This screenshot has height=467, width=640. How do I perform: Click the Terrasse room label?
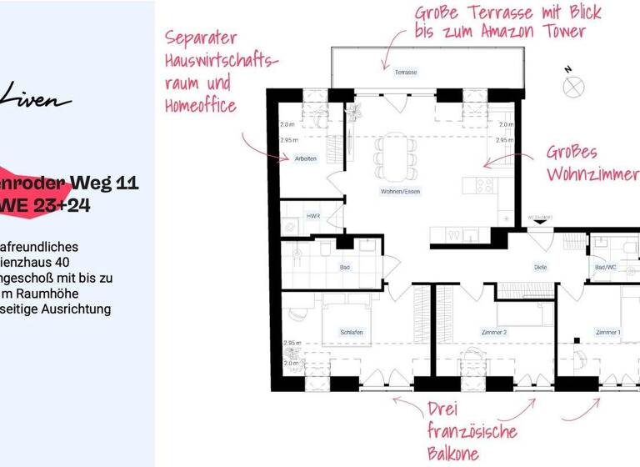405,73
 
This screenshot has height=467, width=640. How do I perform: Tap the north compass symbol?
573,85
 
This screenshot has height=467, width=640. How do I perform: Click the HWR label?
312,216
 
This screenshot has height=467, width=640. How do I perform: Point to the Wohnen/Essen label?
400,192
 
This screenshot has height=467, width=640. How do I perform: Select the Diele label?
540,268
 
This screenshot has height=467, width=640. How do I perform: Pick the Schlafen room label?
351,332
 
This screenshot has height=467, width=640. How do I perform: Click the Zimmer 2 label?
493,332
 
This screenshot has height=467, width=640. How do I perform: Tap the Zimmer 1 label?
607,332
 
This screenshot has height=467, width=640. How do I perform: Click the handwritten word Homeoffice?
200,106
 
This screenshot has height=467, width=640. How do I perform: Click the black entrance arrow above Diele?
540,221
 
